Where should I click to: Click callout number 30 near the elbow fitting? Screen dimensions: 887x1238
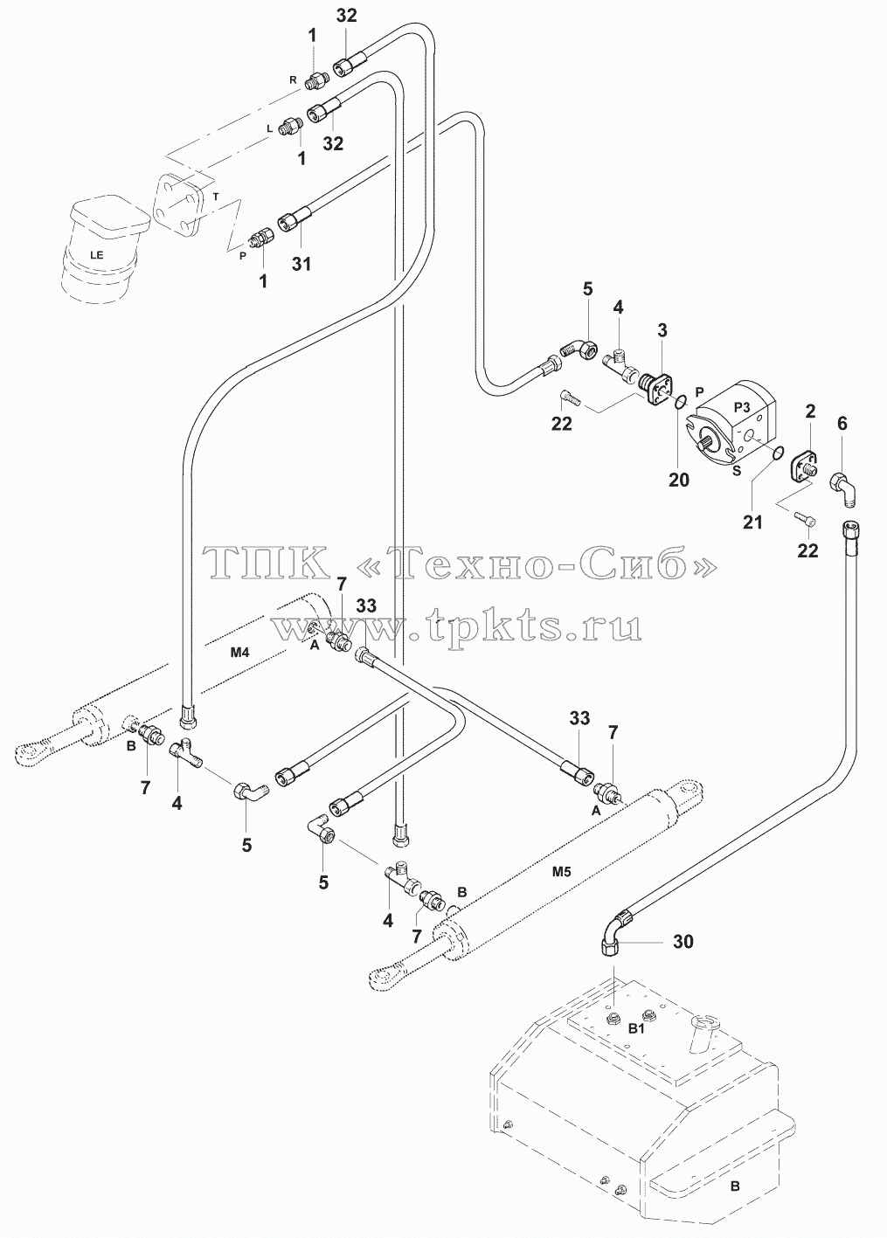(x=683, y=941)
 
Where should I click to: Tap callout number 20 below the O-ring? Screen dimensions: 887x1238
(x=679, y=480)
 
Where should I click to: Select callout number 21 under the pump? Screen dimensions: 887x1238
(x=752, y=522)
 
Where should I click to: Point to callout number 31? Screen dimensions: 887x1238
(x=301, y=264)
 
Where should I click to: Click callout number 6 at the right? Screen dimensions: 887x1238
(x=842, y=424)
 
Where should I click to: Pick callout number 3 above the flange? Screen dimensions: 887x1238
(x=662, y=330)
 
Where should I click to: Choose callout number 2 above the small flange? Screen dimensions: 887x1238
(x=810, y=412)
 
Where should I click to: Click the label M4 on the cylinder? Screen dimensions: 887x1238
(x=239, y=653)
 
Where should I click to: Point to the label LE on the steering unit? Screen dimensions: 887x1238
(x=97, y=254)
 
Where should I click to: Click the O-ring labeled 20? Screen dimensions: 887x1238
(x=683, y=400)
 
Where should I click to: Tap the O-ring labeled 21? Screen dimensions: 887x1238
(x=777, y=453)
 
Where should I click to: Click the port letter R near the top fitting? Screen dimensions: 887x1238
(x=293, y=80)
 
